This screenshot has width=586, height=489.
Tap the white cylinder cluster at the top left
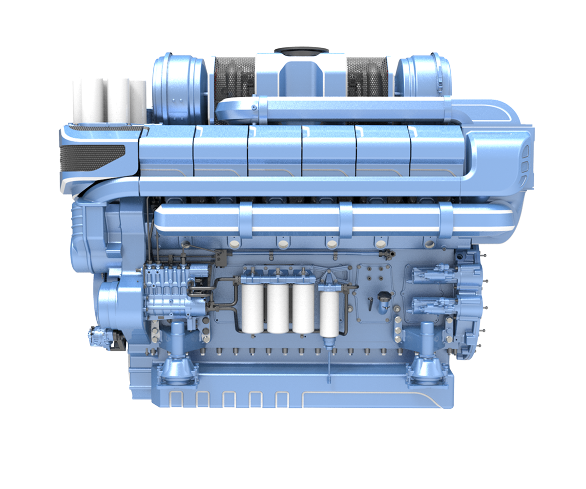(x=109, y=98)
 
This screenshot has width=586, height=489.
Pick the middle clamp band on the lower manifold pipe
(x=345, y=219)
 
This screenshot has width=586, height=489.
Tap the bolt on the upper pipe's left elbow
(x=254, y=107)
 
